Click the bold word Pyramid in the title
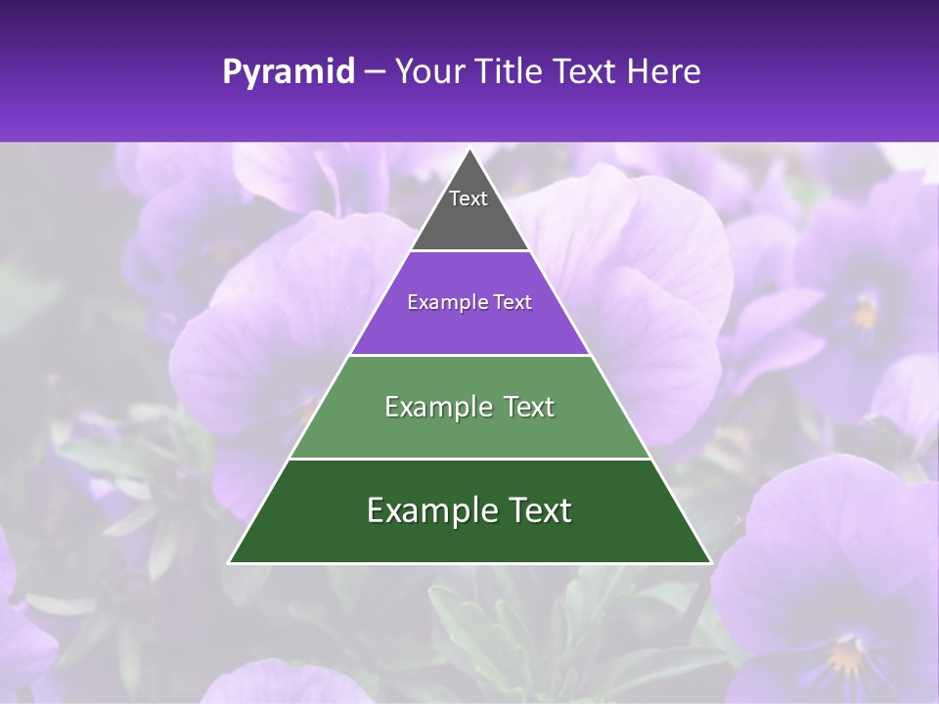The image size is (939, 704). (x=288, y=72)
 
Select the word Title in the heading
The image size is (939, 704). (x=510, y=72)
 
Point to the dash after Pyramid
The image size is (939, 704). (x=374, y=72)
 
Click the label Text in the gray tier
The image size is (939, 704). (x=468, y=199)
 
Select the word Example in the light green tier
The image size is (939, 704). (x=436, y=407)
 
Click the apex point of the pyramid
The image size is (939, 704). (x=469, y=151)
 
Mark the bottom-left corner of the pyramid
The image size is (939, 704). (x=230, y=562)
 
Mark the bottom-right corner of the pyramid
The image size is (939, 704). (x=710, y=562)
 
